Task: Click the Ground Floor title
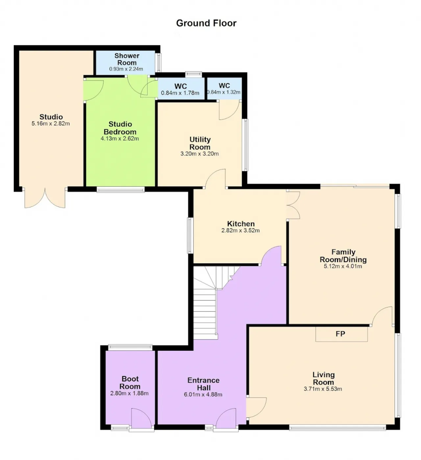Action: pos(206,23)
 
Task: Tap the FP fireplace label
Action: pos(340,334)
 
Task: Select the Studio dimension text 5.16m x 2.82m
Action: pos(51,124)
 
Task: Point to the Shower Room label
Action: pos(127,59)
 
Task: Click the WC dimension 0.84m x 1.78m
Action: pos(180,93)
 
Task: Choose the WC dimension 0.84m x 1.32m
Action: pos(224,92)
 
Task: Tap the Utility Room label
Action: pos(200,143)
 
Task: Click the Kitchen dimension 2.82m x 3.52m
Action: pos(240,230)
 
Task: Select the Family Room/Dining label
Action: pos(343,256)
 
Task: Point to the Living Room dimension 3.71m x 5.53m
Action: pos(323,389)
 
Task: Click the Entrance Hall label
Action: pos(204,384)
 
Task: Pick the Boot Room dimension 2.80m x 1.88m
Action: pos(129,393)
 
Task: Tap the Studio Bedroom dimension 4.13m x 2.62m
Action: pos(120,139)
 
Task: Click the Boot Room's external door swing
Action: pos(141,418)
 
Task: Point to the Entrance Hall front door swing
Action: pos(226,418)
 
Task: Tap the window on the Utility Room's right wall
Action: pos(245,145)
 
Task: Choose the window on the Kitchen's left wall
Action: pos(190,236)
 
